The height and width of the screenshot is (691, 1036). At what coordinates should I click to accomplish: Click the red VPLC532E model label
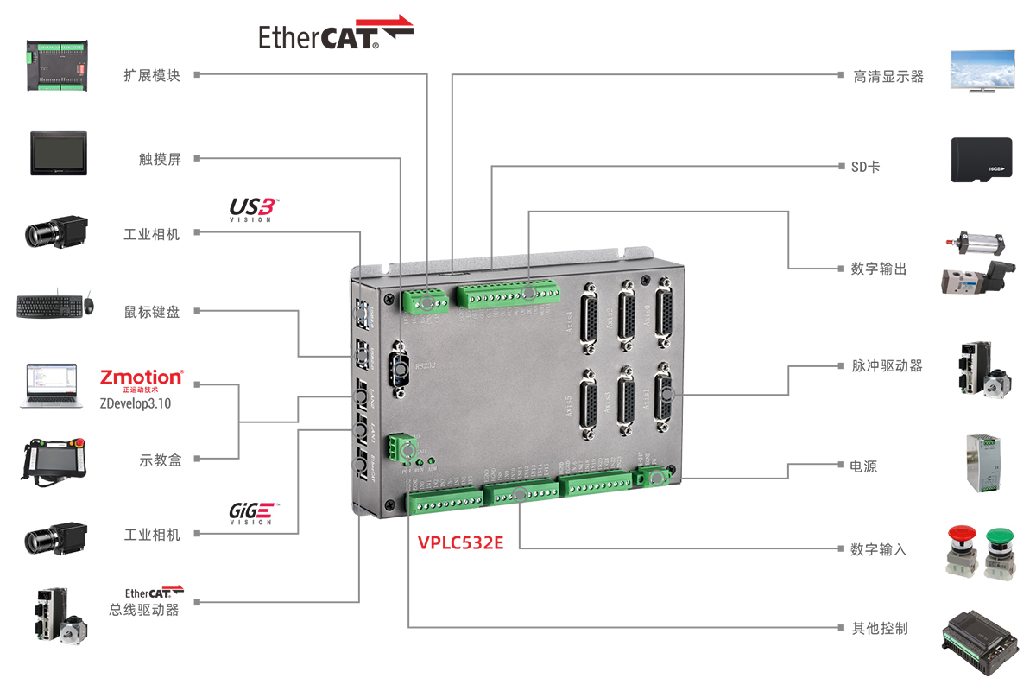tap(460, 544)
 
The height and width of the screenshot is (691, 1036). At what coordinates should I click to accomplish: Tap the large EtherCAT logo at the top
tap(335, 34)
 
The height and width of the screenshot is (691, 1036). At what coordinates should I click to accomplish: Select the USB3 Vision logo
tap(253, 209)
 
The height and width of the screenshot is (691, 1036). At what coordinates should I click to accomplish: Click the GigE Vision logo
tap(251, 513)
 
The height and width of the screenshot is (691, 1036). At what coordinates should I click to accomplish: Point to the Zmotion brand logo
tap(141, 378)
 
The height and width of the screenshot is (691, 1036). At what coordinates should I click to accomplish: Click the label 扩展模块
tap(152, 75)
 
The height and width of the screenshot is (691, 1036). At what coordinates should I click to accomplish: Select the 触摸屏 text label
tap(160, 159)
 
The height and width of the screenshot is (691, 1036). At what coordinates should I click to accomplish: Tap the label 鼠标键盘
tap(152, 312)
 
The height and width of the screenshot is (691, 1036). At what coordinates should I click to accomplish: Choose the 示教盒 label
tap(161, 460)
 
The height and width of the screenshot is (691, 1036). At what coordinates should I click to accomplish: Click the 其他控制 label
tap(880, 628)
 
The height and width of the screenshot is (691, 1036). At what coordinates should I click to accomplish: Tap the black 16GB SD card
tap(981, 160)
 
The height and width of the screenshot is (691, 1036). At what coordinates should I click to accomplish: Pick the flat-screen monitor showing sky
tap(982, 69)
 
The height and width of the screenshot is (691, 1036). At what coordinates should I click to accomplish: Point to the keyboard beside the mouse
tap(47, 307)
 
